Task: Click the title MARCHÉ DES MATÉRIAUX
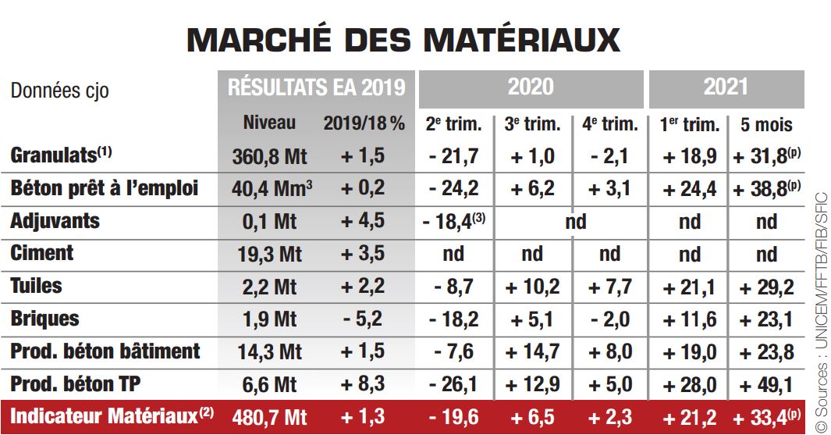[403, 39]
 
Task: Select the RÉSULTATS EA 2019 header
[317, 87]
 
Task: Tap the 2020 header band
[531, 87]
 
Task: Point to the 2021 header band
[726, 87]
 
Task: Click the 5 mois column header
[766, 124]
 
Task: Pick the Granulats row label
[59, 155]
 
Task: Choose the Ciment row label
[42, 253]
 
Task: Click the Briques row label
[45, 319]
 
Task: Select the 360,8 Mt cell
[269, 156]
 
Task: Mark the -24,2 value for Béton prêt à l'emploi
[453, 189]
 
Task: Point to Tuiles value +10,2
[532, 287]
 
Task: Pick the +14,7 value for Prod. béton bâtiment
[532, 351]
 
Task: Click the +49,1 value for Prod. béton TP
[766, 384]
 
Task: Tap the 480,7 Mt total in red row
[269, 417]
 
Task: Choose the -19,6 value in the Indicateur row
[453, 417]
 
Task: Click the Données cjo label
[59, 91]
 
